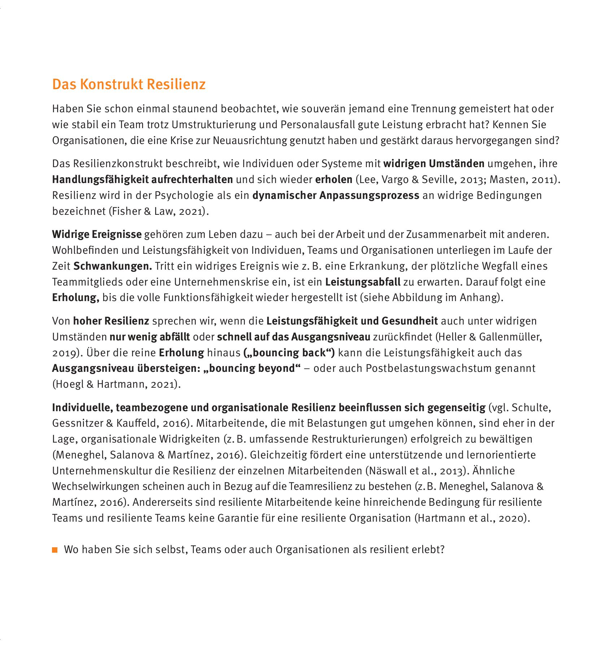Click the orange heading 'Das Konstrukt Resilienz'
tap(129, 84)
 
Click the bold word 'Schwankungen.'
tap(113, 266)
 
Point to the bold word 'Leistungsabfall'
tap(362, 282)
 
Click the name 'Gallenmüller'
tap(509, 337)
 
